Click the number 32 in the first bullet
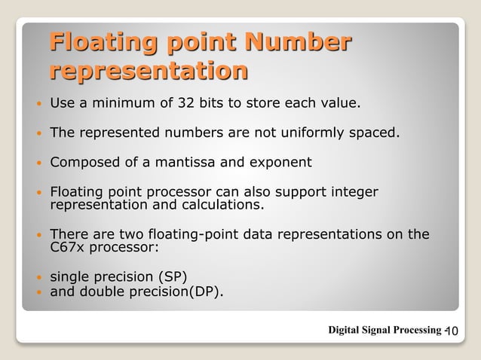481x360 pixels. (x=204, y=102)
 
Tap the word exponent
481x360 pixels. (x=280, y=163)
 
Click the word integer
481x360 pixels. (x=351, y=192)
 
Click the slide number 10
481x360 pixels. (x=452, y=331)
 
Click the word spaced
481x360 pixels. (x=372, y=134)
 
